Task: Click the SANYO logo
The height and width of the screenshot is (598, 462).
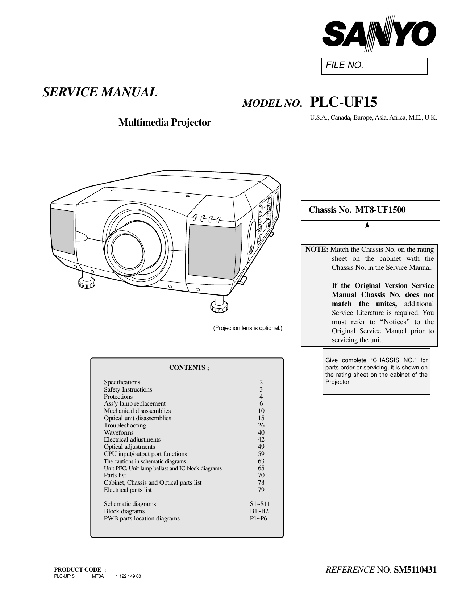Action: [x=379, y=34]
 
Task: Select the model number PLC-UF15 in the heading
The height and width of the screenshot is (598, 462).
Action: [x=344, y=103]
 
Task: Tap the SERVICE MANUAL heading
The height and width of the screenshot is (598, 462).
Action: [x=100, y=92]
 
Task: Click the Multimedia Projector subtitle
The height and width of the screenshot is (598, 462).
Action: [x=165, y=122]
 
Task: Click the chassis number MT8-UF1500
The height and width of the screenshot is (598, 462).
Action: [x=380, y=210]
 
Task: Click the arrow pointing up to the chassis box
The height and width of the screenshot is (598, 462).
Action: [x=367, y=232]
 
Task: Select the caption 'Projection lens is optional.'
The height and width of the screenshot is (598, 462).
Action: [x=247, y=328]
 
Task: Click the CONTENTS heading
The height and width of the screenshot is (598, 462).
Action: [x=189, y=368]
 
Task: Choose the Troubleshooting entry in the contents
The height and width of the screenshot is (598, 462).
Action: [x=125, y=425]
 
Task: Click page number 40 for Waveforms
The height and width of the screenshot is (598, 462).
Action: [x=261, y=432]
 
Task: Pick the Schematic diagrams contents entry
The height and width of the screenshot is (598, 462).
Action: [x=130, y=504]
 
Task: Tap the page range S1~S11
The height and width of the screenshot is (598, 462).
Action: [x=259, y=504]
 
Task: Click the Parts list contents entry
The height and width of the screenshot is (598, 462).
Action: [x=115, y=475]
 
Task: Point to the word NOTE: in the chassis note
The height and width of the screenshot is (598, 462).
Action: [x=317, y=250]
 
